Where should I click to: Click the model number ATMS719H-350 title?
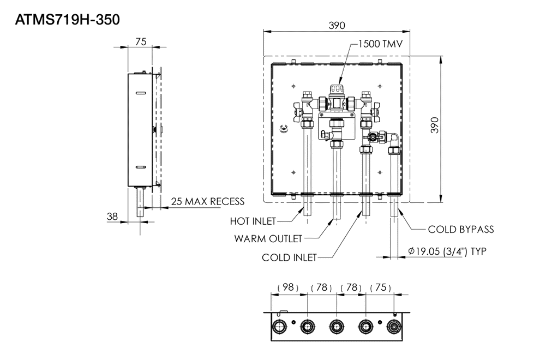(x=68, y=20)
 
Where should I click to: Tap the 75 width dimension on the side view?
(x=141, y=41)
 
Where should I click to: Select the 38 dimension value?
(x=112, y=217)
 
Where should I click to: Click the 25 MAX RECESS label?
(x=208, y=201)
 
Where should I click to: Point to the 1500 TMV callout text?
(x=380, y=44)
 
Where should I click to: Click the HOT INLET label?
(x=253, y=221)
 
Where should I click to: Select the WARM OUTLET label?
(x=268, y=239)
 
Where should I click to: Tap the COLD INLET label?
(x=289, y=257)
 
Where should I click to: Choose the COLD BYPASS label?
(x=461, y=230)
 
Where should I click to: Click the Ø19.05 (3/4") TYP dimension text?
(x=447, y=251)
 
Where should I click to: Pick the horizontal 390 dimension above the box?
(x=337, y=26)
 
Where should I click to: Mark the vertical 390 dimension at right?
(x=435, y=125)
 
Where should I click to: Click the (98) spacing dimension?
(x=288, y=287)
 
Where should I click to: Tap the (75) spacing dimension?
(x=381, y=287)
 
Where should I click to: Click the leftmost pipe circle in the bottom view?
(x=279, y=326)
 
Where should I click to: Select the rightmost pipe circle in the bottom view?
(x=393, y=326)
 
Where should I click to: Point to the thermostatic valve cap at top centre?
(x=337, y=89)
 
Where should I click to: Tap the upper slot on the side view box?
(x=141, y=93)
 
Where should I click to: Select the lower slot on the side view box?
(x=141, y=167)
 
